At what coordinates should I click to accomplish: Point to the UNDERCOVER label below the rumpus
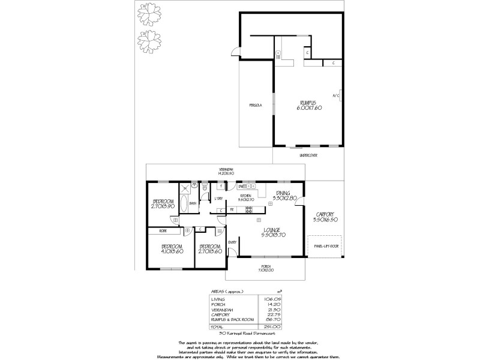[308, 155]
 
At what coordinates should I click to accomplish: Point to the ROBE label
[163, 230]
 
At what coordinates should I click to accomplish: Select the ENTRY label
[232, 242]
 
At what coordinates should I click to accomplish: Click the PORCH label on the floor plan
[266, 268]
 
